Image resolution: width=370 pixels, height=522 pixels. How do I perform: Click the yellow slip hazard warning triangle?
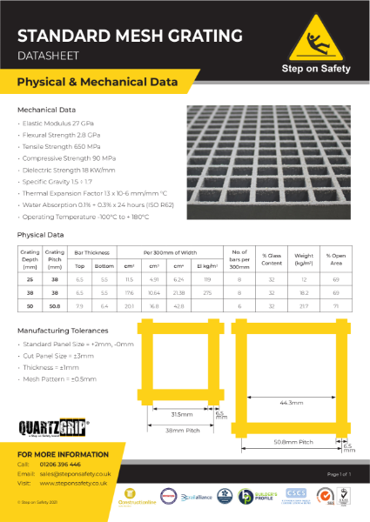pos(314,37)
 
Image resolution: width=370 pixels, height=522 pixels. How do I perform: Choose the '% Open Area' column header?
pos(335,258)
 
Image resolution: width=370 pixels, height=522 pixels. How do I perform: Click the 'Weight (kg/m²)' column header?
pos(305,258)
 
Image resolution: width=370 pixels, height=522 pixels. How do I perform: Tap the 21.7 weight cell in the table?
pos(305,305)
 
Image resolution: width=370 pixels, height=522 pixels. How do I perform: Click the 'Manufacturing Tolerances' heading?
pos(63,331)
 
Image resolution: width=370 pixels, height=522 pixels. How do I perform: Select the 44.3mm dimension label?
pos(292,402)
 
